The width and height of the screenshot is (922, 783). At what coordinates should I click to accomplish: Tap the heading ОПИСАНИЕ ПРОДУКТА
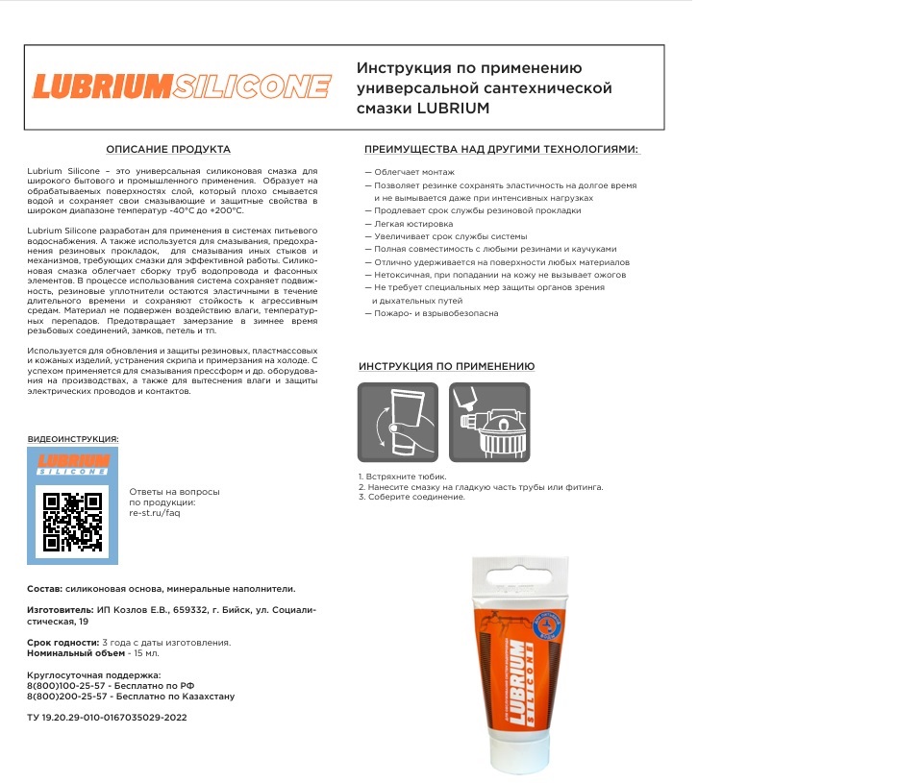pos(168,150)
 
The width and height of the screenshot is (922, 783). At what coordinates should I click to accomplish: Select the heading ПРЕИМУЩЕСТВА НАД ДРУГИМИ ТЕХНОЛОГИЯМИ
pos(501,150)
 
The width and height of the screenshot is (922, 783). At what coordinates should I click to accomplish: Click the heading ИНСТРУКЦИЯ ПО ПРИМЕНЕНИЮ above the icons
pos(447,367)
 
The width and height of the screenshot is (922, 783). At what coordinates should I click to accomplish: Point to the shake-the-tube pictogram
pos(397,424)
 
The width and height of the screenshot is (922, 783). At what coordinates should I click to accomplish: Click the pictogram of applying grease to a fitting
pos(489,424)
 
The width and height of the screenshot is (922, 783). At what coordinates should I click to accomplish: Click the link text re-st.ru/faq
pos(154,513)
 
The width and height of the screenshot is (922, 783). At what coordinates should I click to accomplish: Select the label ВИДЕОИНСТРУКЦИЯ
pos(73,439)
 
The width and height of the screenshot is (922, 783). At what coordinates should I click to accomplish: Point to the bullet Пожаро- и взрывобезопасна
pos(434,313)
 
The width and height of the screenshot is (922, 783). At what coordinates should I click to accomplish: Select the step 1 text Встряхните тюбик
pos(403,477)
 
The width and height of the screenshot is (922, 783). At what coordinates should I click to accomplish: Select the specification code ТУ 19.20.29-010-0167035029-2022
pos(107,717)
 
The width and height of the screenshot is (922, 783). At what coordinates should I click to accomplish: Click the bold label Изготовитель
pos(60,609)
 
